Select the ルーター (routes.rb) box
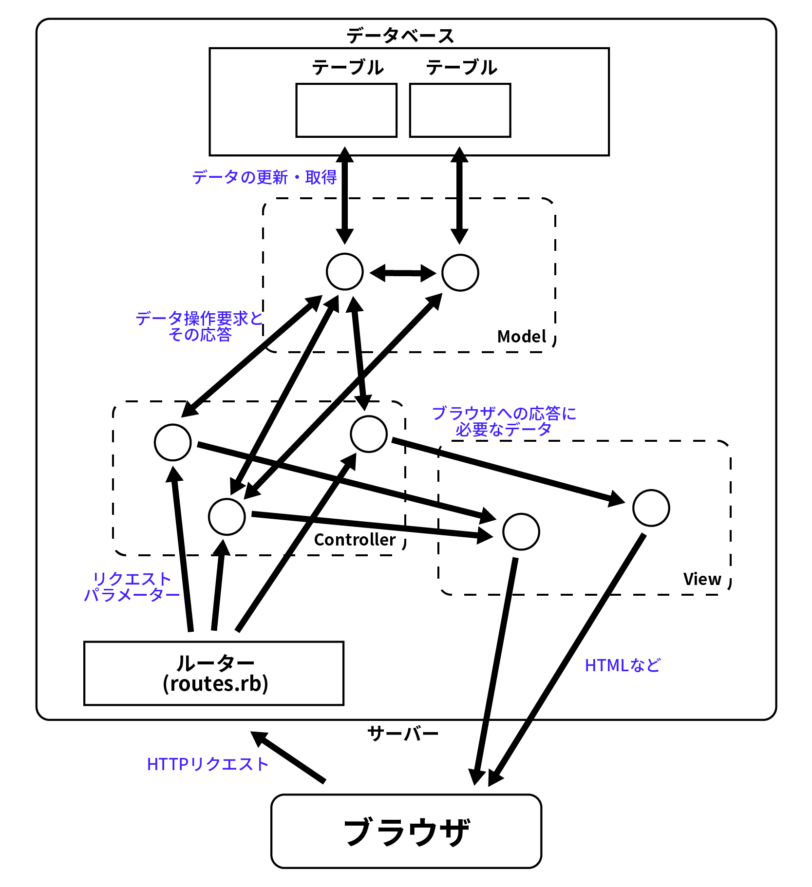pos(214,673)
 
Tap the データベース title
pos(400,36)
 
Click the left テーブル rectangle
pos(346,111)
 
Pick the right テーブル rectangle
pos(460,111)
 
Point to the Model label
pos(522,337)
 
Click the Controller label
pos(355,540)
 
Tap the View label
pos(702,579)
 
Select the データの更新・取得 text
pos(264,177)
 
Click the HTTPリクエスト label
pos(208,764)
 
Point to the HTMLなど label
pos(623,665)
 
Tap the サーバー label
pos(403,733)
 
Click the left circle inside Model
pos(345,272)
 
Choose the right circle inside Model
pos(460,273)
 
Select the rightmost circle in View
pos(651,508)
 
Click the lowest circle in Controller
pos(227,517)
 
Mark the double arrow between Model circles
pos(403,273)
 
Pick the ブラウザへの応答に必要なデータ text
pos(504,421)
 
